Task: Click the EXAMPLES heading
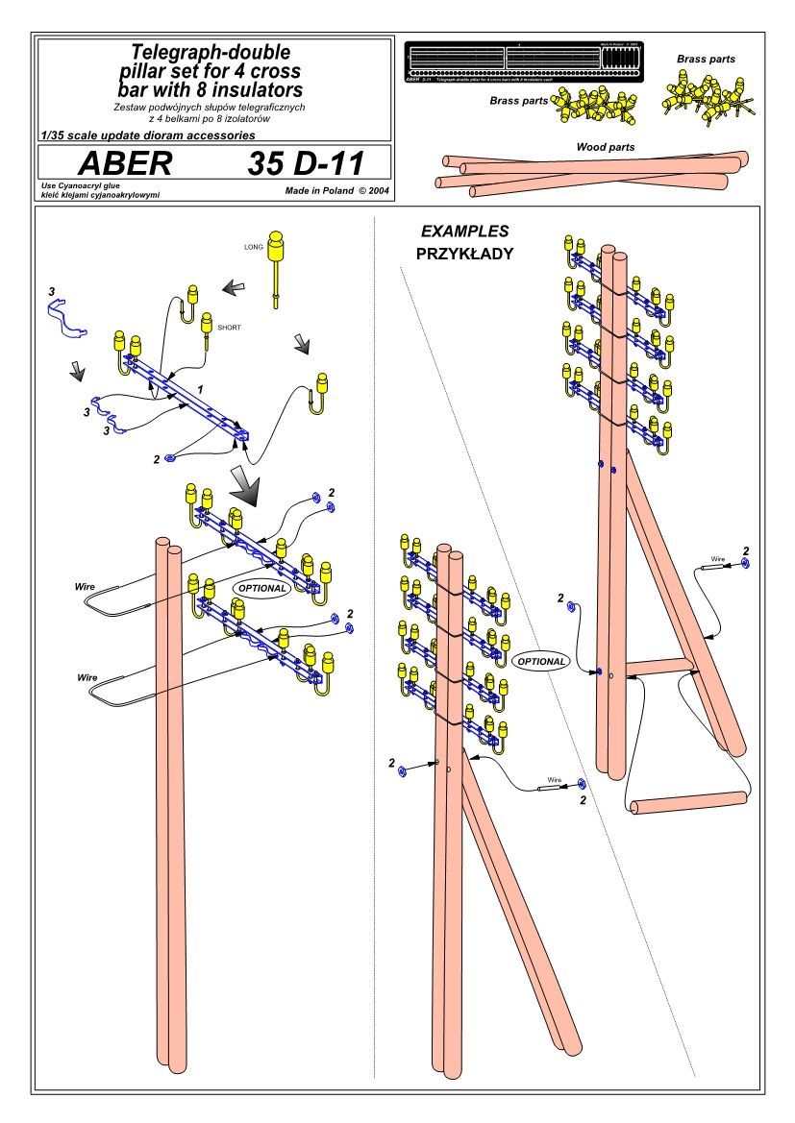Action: tap(465, 232)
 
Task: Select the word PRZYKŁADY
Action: tap(465, 255)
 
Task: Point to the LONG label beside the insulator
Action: tap(254, 247)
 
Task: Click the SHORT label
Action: tap(230, 328)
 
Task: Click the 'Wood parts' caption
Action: tap(605, 147)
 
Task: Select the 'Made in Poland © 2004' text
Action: tap(336, 191)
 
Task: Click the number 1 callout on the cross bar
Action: tap(199, 386)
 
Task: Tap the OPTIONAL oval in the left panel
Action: tap(261, 588)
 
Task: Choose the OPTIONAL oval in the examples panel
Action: tap(540, 661)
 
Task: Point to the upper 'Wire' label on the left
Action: tap(86, 585)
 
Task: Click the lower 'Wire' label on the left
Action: tap(87, 677)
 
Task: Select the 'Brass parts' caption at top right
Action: tap(706, 60)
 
